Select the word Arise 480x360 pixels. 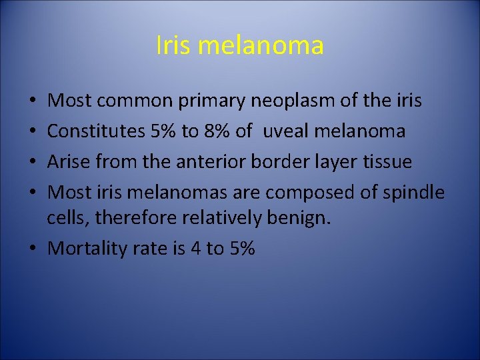[x=69, y=162]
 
